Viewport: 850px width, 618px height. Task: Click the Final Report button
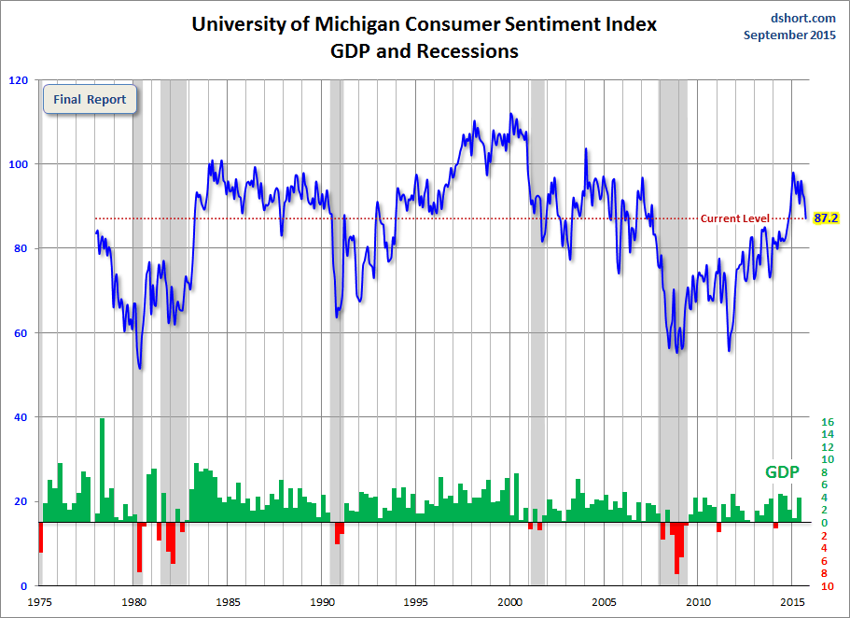[91, 99]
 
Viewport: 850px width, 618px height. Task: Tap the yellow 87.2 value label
[825, 218]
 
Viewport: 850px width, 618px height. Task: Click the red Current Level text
[735, 218]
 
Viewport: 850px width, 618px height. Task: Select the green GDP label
[782, 472]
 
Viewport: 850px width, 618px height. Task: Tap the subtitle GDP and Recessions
[425, 51]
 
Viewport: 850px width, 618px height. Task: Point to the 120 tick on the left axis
[18, 80]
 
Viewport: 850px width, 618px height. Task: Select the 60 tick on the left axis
[21, 333]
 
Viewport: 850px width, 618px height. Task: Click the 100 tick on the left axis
[18, 164]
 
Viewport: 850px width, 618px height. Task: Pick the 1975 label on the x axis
[40, 602]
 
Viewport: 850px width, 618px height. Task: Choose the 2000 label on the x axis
[510, 602]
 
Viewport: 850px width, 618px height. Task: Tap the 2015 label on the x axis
[792, 602]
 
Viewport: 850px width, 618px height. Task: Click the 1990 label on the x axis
[322, 602]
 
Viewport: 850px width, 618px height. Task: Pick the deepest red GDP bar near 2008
[676, 549]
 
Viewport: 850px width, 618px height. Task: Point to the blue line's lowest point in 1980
[140, 368]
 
